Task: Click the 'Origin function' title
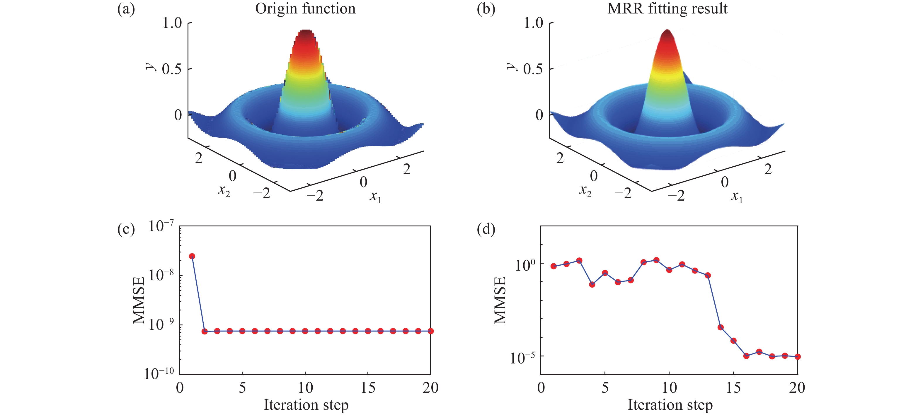pos(305,8)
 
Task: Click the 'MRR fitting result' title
pos(667,8)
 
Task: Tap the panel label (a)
pos(126,8)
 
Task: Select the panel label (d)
pos(486,229)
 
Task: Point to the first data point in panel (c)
pos(192,256)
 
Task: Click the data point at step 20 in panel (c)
pos(431,331)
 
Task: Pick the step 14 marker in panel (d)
pos(721,327)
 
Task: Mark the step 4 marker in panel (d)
pos(592,285)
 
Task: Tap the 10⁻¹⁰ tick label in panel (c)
pos(159,374)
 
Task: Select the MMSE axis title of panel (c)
pos(139,300)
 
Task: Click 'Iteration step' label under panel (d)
pos(670,405)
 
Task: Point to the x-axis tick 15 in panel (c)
pos(368,388)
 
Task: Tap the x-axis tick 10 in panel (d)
pos(669,388)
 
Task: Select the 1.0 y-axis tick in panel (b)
pos(534,23)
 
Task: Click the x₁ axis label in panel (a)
pos(375,196)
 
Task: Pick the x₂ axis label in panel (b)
pos(585,190)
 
